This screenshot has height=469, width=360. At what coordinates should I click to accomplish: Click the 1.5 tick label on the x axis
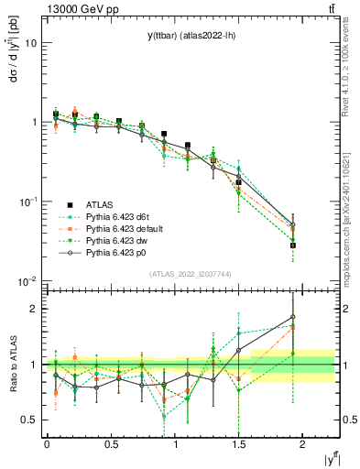(x=238, y=443)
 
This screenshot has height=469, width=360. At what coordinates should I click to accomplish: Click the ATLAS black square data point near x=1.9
(x=293, y=245)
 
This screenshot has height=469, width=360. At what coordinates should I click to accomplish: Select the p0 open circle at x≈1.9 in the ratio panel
(x=293, y=318)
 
